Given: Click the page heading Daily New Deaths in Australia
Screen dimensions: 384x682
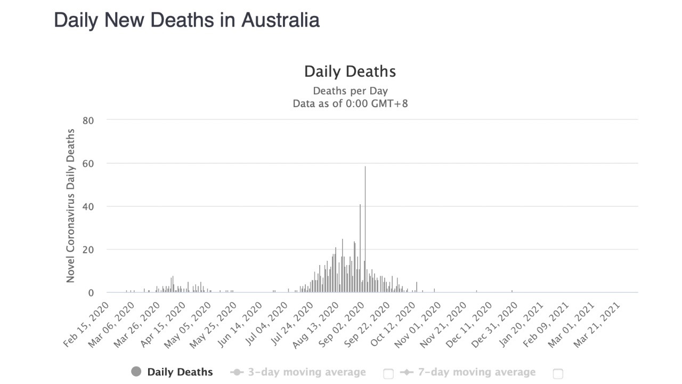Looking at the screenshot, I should [x=186, y=20].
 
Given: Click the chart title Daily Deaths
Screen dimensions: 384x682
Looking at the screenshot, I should [x=350, y=71].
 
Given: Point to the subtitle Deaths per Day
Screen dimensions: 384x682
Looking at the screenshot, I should [x=350, y=91].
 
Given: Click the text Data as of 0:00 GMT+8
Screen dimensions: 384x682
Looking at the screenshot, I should [x=350, y=103].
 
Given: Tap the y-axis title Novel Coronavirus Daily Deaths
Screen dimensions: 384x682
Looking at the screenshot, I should [x=70, y=206].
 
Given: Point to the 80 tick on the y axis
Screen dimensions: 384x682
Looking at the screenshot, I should [x=88, y=121].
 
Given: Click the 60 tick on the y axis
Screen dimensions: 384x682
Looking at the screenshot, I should [x=88, y=164].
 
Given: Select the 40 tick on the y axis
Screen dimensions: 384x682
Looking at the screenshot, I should [x=88, y=206].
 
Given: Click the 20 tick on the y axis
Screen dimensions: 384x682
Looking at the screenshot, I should [x=88, y=250].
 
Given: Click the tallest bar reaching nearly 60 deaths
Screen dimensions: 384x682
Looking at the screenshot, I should [x=365, y=229].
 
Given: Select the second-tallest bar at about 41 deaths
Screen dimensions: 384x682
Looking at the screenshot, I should [x=360, y=248].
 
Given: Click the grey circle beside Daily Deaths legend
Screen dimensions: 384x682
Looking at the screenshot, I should [x=136, y=372].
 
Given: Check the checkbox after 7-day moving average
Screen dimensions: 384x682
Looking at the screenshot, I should [x=558, y=373].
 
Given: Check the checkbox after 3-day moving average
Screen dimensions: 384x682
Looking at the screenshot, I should [x=388, y=373].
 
